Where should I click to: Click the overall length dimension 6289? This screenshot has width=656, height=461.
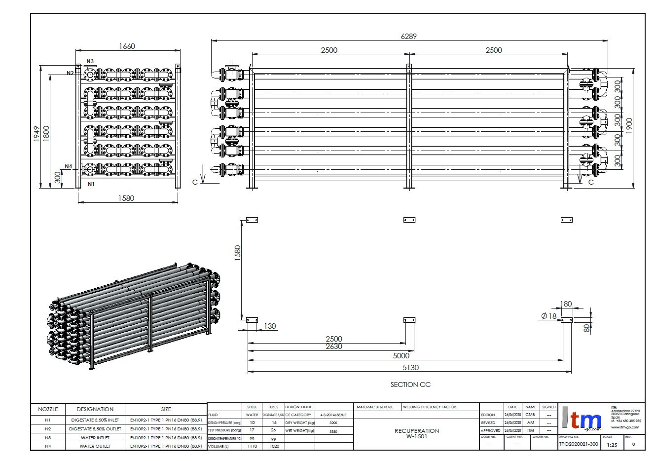click(x=408, y=36)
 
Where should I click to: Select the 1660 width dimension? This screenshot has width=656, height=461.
click(x=127, y=46)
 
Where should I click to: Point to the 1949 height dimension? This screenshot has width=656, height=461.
click(x=37, y=133)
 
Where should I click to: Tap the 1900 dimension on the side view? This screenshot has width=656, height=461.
click(x=628, y=125)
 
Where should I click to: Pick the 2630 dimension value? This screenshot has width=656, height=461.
click(x=334, y=346)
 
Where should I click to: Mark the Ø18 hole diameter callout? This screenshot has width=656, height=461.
click(x=548, y=316)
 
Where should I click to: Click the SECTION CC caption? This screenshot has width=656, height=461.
click(x=410, y=384)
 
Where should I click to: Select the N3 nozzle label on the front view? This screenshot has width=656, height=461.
click(x=90, y=62)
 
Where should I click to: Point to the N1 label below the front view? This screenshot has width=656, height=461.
click(x=91, y=184)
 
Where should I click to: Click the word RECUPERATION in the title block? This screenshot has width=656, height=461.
click(x=417, y=431)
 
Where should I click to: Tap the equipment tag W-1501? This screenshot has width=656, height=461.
click(x=417, y=436)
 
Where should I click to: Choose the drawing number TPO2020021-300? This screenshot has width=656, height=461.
click(x=578, y=444)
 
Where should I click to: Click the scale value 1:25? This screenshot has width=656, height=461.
click(x=612, y=445)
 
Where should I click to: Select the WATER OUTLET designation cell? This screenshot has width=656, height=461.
click(x=95, y=446)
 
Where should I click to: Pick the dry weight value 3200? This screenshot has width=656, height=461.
click(x=333, y=423)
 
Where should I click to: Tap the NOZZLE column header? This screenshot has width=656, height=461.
click(x=48, y=409)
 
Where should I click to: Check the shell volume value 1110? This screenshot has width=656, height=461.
click(x=252, y=446)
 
